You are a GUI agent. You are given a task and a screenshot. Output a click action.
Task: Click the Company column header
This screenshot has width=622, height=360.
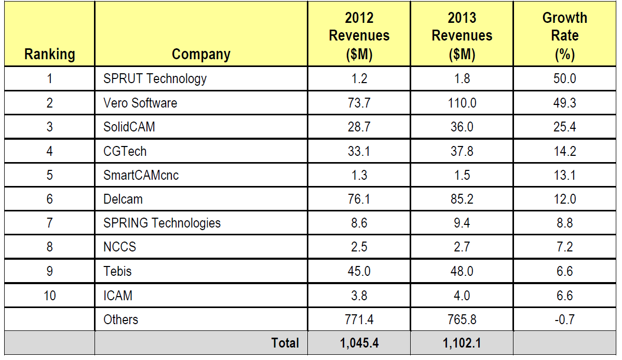(x=201, y=54)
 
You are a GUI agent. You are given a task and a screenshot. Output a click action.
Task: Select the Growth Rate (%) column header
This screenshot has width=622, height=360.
(x=564, y=36)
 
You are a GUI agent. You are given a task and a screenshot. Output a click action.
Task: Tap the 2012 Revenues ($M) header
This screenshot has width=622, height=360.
(x=359, y=36)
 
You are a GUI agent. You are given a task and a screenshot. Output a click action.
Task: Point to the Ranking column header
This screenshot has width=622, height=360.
(x=49, y=54)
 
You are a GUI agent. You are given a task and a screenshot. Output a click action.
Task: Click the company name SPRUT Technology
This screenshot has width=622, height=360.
(x=155, y=79)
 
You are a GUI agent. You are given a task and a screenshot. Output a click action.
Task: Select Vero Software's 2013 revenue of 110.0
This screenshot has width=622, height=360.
(x=462, y=103)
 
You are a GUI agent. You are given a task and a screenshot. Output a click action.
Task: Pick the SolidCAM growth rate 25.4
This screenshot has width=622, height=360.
(x=564, y=127)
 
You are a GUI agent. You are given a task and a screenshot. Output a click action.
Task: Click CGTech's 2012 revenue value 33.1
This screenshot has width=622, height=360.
(x=359, y=151)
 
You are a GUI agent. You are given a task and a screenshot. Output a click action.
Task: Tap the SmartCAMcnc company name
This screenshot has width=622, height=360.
(x=141, y=175)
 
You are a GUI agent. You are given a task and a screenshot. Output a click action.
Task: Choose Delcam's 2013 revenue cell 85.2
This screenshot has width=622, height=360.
(x=462, y=199)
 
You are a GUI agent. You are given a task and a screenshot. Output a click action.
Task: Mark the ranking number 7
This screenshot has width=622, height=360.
(x=49, y=223)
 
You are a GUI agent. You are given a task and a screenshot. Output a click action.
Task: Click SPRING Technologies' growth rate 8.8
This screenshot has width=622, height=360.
(x=564, y=223)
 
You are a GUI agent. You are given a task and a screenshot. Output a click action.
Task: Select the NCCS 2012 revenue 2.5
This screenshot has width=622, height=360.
(x=359, y=247)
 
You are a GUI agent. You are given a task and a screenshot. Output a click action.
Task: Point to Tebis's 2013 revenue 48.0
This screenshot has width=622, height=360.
(x=462, y=271)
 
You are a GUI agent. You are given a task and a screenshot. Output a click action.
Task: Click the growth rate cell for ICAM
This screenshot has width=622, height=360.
(x=564, y=295)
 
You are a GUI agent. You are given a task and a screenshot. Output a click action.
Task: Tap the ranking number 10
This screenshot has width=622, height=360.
(x=49, y=295)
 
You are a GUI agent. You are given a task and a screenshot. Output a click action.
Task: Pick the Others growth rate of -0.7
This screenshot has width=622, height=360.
(x=564, y=319)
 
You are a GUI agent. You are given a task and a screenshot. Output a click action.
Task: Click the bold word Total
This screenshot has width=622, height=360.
(x=285, y=343)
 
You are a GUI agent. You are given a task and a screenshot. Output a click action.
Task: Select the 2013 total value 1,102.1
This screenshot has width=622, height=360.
(x=462, y=343)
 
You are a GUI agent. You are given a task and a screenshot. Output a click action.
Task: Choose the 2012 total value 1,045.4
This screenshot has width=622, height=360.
(x=359, y=343)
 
